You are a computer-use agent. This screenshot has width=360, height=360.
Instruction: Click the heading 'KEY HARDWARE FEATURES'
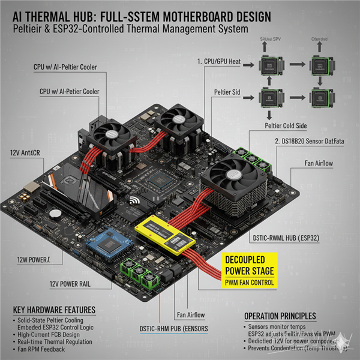click(x=54, y=310)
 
